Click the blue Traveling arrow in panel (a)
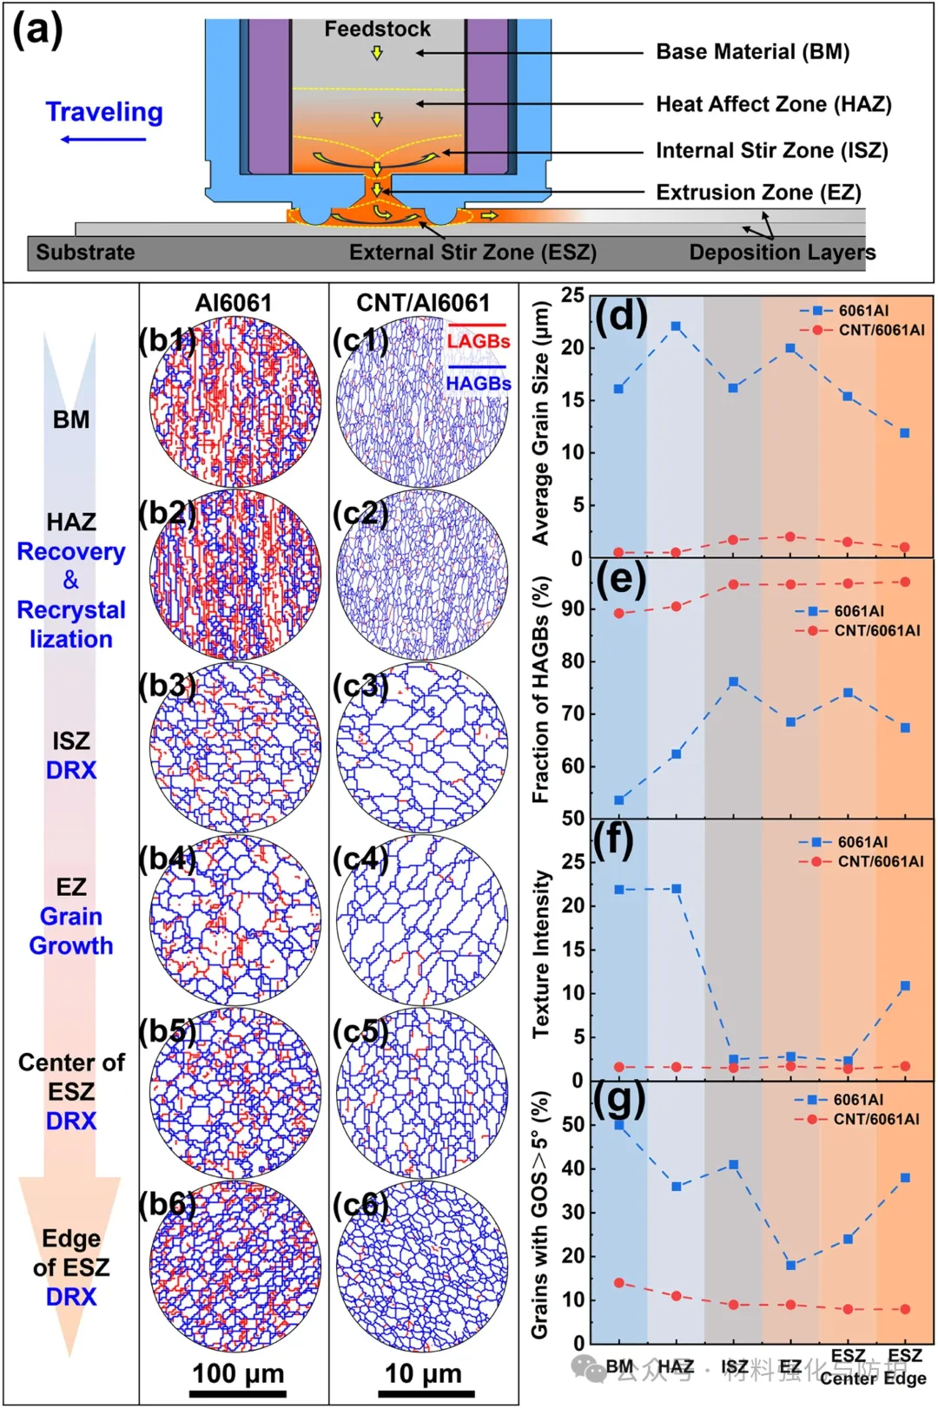coord(103,139)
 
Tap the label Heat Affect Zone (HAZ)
coord(773,104)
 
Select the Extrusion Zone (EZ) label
coord(757,192)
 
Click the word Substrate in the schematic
coord(85,253)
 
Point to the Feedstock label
coord(377,29)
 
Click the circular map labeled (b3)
coord(235,747)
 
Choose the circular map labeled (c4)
coord(422,920)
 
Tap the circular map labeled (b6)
coord(235,1266)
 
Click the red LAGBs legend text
coord(478,341)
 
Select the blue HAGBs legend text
coord(478,383)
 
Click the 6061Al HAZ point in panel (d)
coord(676,326)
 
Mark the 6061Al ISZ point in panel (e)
coord(734,682)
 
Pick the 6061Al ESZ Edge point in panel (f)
coord(905,986)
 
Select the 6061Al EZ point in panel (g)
coord(790,1265)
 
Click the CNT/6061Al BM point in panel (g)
coord(619,1282)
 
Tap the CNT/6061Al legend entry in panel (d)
coord(881,330)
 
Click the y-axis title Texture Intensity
coord(542,954)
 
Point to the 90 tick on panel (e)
coord(573,609)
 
